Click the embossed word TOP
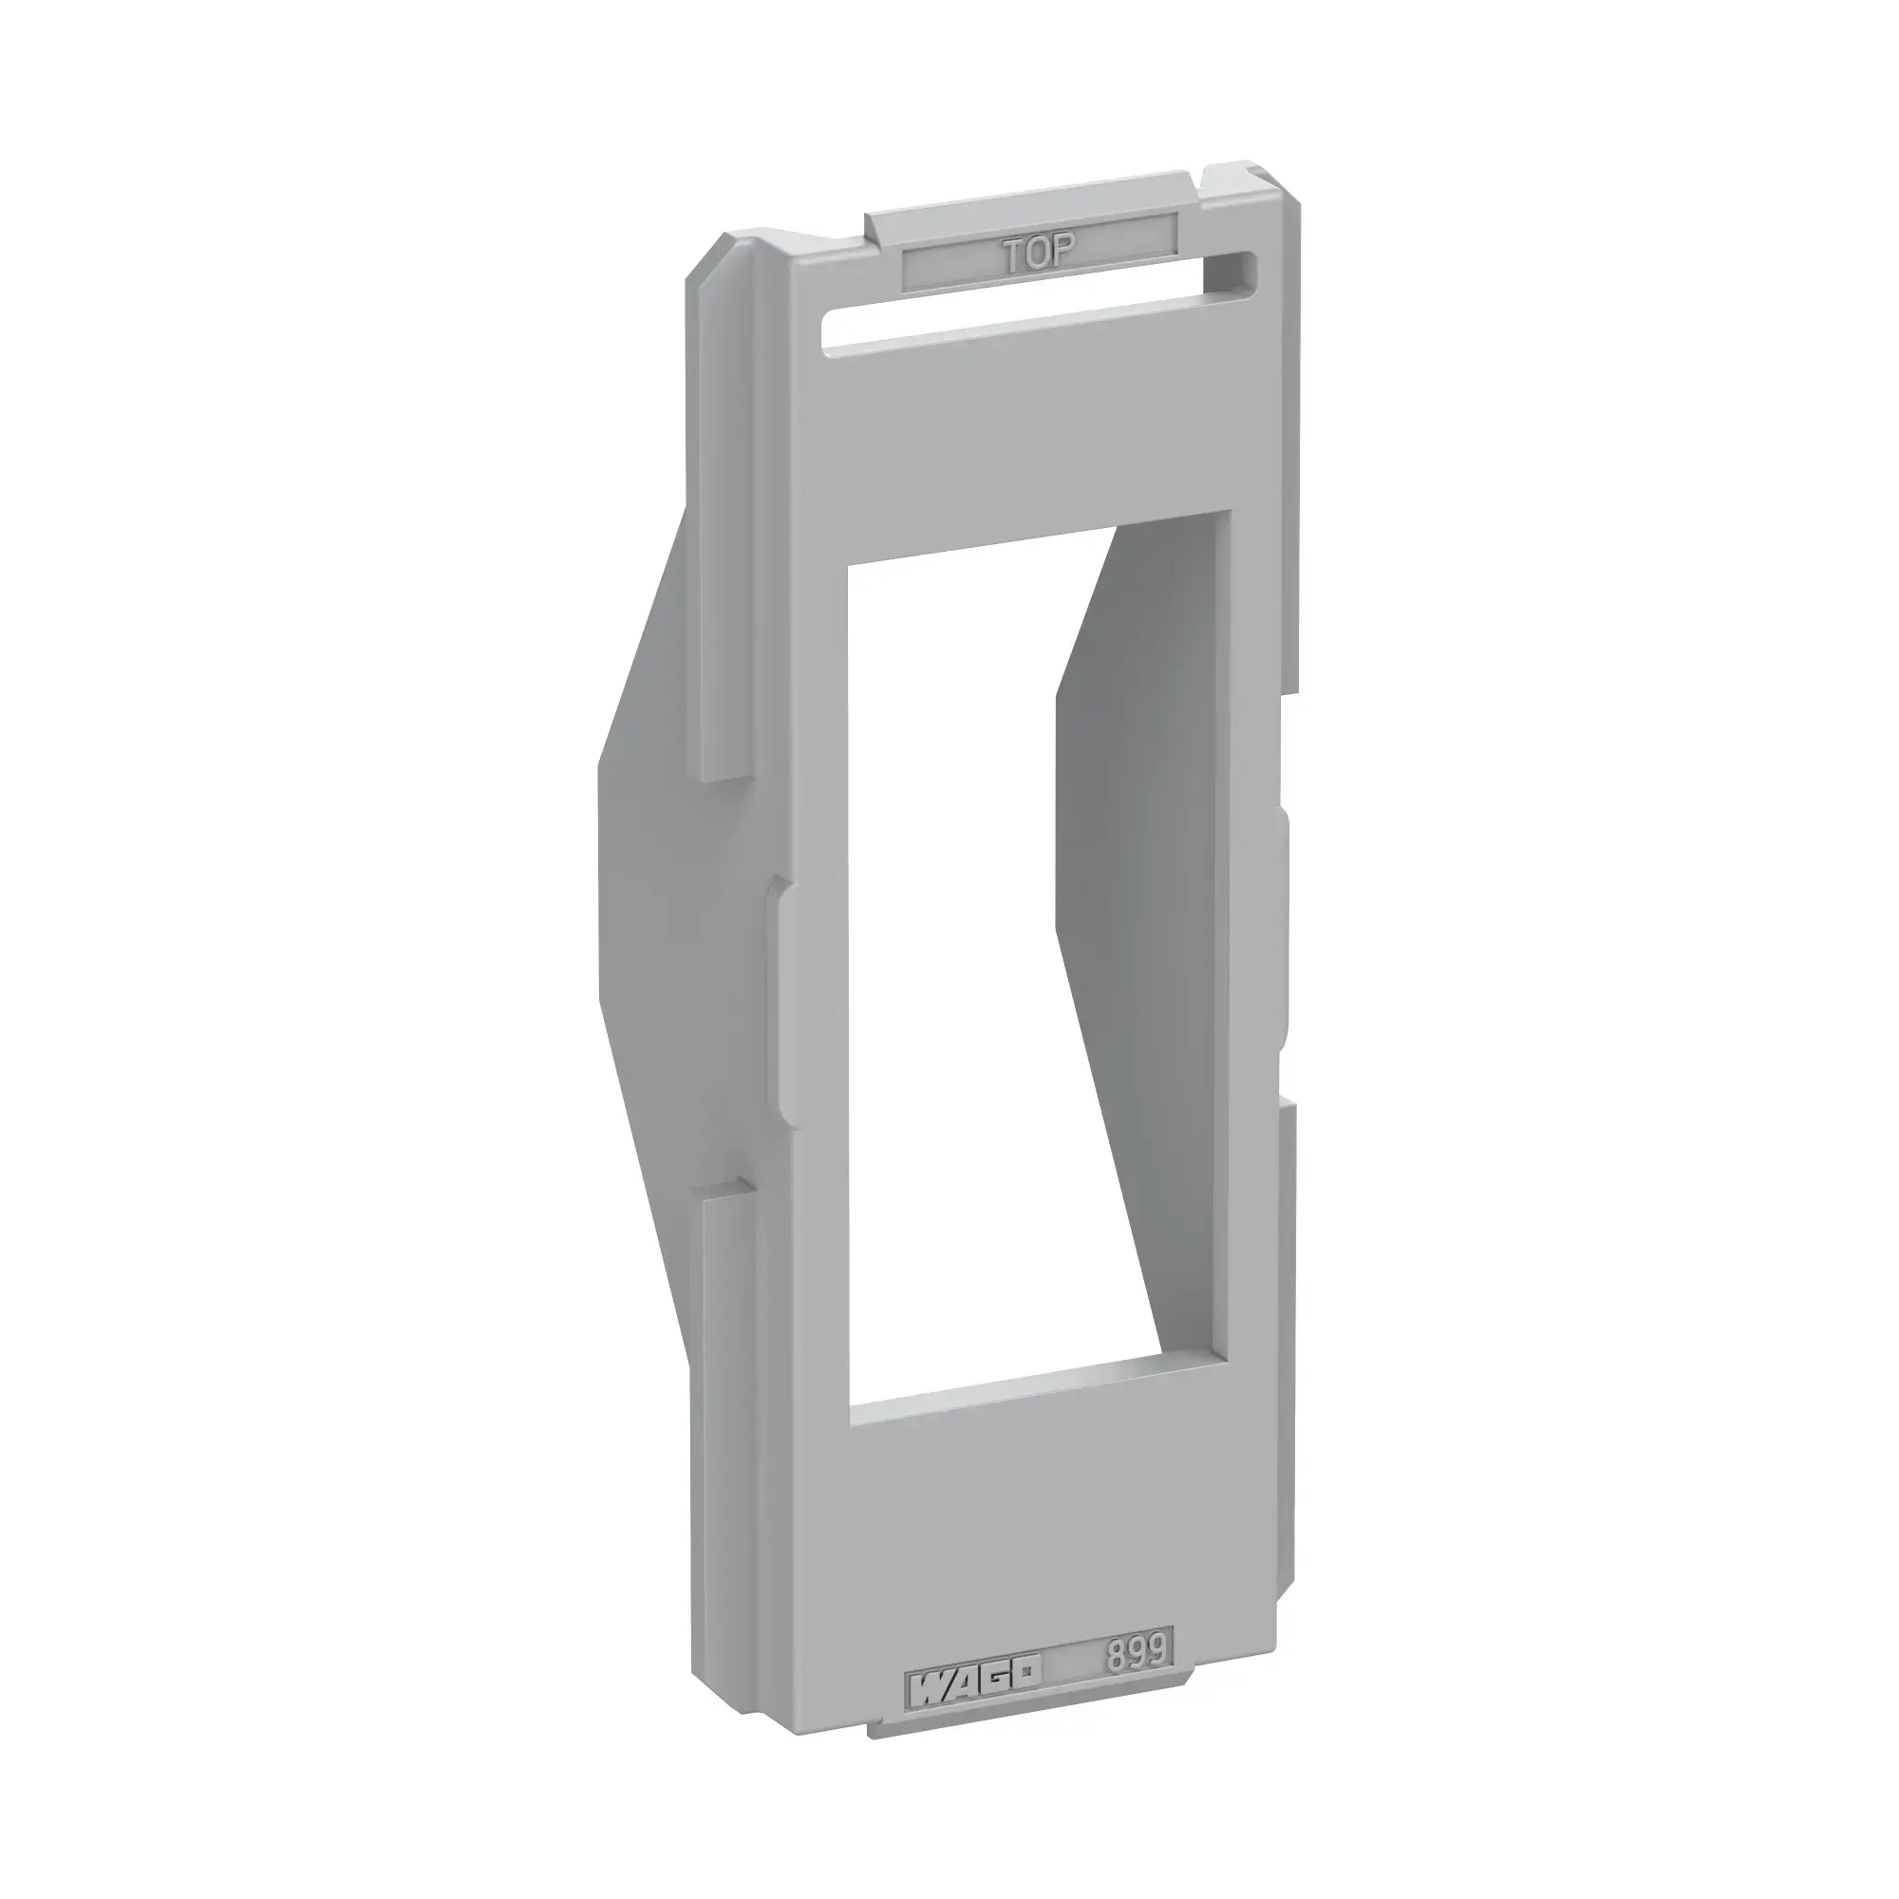click(x=1040, y=254)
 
